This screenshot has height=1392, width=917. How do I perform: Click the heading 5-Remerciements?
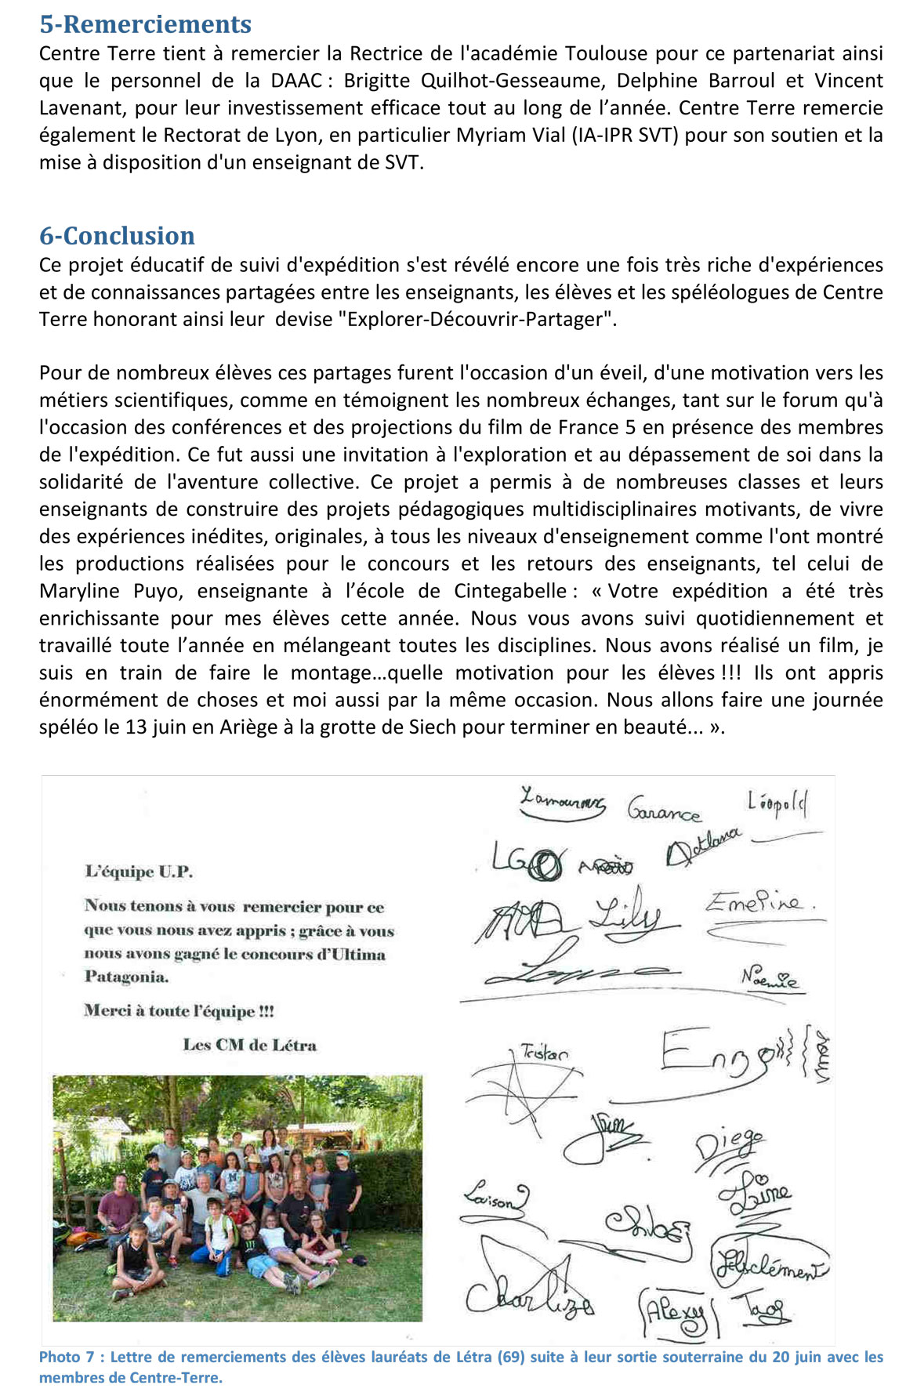(x=145, y=24)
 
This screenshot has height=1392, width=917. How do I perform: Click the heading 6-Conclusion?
(x=117, y=236)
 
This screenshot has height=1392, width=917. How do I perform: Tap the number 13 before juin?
(x=136, y=727)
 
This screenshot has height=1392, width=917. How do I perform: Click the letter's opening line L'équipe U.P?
(x=139, y=872)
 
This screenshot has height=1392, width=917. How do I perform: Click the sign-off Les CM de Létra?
(x=249, y=1045)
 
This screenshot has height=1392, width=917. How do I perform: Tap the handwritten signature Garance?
(x=663, y=810)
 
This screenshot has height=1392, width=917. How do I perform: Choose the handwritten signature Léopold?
(x=777, y=803)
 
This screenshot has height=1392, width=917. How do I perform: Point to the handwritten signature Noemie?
(x=770, y=978)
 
